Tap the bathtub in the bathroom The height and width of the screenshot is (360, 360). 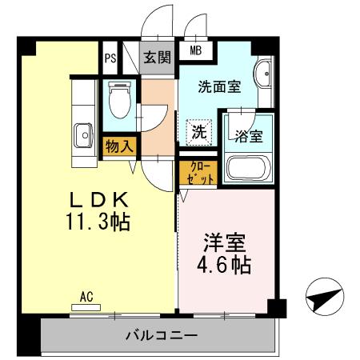click(249, 168)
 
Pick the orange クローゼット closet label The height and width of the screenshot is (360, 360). click(199, 171)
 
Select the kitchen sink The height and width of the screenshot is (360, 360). click(82, 137)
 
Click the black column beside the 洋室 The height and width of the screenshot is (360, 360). click(276, 307)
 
